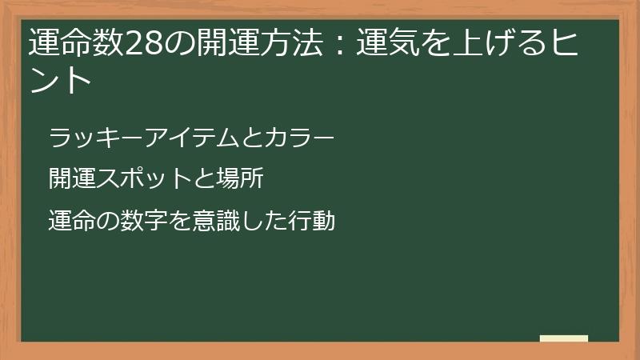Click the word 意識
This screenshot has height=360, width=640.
[212, 220]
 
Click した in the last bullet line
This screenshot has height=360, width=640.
[258, 220]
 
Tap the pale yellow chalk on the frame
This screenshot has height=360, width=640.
[563, 338]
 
